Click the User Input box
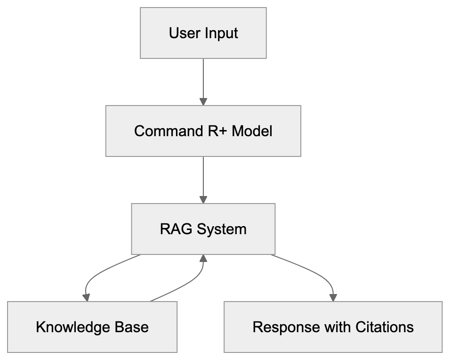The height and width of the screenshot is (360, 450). [x=203, y=33]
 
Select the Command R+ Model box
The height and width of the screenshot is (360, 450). [x=203, y=131]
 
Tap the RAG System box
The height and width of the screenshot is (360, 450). [x=203, y=229]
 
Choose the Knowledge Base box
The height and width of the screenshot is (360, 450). [x=92, y=327]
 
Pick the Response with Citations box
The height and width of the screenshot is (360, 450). [x=333, y=327]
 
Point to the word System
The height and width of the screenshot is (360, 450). [x=221, y=229]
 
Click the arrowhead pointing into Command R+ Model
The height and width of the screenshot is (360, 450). [x=203, y=101]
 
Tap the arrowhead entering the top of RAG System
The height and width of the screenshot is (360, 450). [x=203, y=199]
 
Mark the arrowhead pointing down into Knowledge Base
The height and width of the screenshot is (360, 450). [x=86, y=297]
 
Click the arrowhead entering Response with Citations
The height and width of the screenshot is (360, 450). [x=333, y=297]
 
